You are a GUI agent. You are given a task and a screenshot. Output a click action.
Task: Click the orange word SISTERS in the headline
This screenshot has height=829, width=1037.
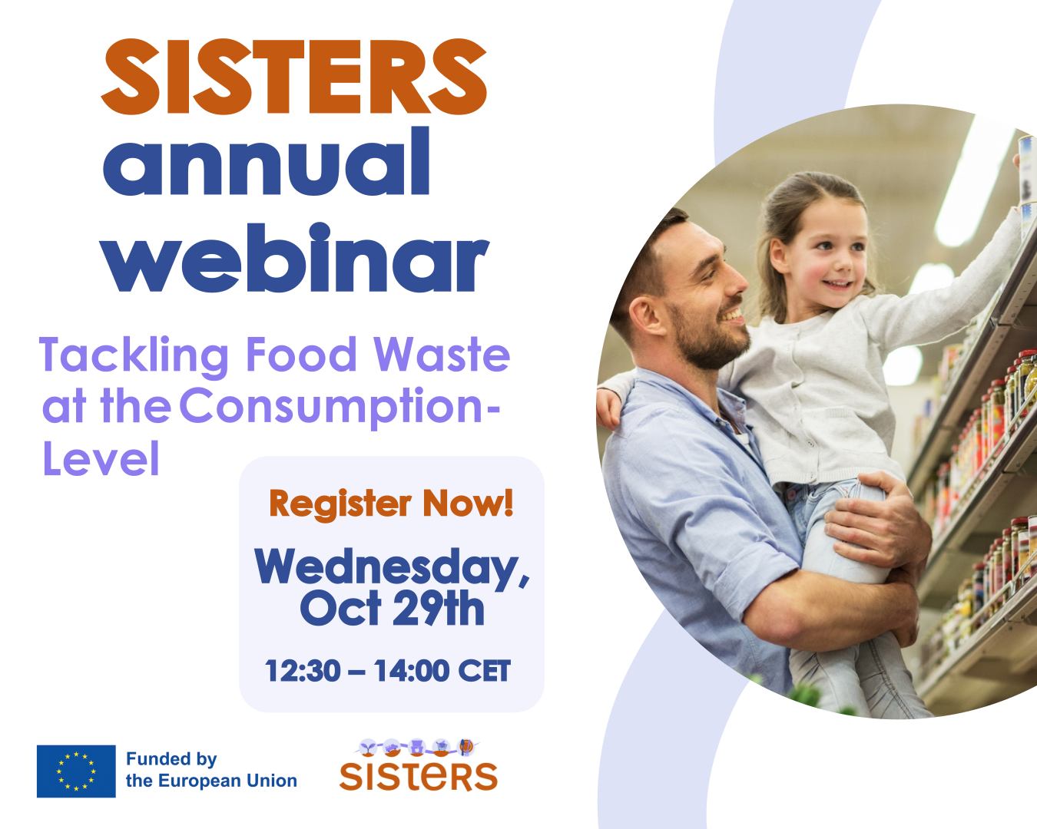tap(293, 77)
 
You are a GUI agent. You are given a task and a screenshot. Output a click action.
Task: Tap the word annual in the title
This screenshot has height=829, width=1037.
tap(266, 162)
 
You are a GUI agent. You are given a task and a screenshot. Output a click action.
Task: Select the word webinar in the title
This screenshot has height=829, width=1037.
tap(297, 257)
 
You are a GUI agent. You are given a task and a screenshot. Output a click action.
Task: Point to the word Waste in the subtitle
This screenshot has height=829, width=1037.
tap(442, 354)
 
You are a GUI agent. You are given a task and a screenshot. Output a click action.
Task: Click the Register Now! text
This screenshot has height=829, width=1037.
tap(391, 504)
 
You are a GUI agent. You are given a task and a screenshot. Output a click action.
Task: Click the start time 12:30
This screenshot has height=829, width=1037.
tap(303, 670)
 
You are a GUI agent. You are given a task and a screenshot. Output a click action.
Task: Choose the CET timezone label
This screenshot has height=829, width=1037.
tap(484, 670)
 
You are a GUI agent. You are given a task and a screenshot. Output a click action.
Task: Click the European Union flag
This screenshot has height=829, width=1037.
tap(76, 771)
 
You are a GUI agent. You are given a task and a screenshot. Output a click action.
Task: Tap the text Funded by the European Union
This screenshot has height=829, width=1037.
tap(211, 770)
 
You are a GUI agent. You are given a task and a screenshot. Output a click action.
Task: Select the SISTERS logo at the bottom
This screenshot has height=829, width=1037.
tap(418, 766)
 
